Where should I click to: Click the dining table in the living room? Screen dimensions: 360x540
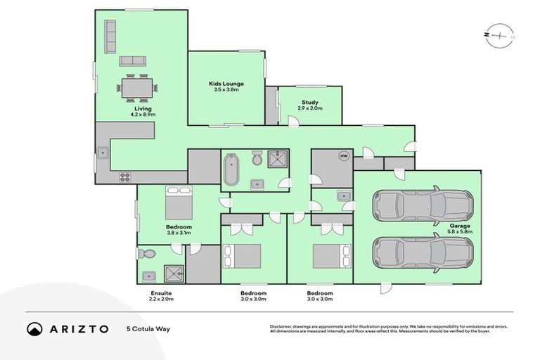[136, 88]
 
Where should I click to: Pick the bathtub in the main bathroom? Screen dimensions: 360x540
[231, 170]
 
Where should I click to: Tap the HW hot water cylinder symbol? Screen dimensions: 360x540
[344, 156]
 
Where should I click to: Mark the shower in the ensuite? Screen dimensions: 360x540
[171, 274]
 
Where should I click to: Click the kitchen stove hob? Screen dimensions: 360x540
[125, 176]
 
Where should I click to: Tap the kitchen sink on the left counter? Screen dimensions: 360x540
[103, 150]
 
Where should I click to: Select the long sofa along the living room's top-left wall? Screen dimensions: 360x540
[110, 37]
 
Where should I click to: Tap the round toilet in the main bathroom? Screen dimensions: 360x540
[257, 160]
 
